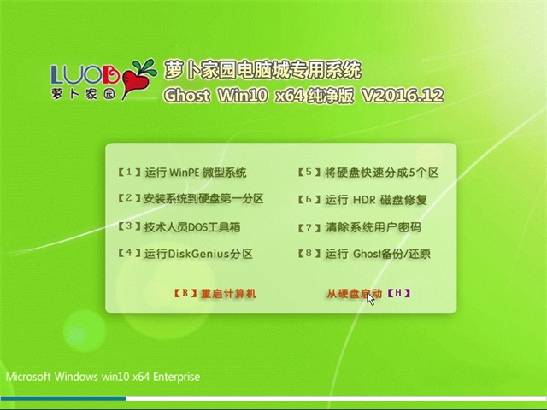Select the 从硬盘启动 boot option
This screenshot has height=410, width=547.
tap(354, 294)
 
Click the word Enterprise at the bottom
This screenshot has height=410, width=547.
tap(174, 376)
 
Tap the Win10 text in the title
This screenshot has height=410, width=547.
tap(249, 96)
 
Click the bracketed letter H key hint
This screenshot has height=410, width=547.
tap(399, 294)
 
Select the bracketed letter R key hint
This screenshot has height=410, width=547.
tap(185, 294)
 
